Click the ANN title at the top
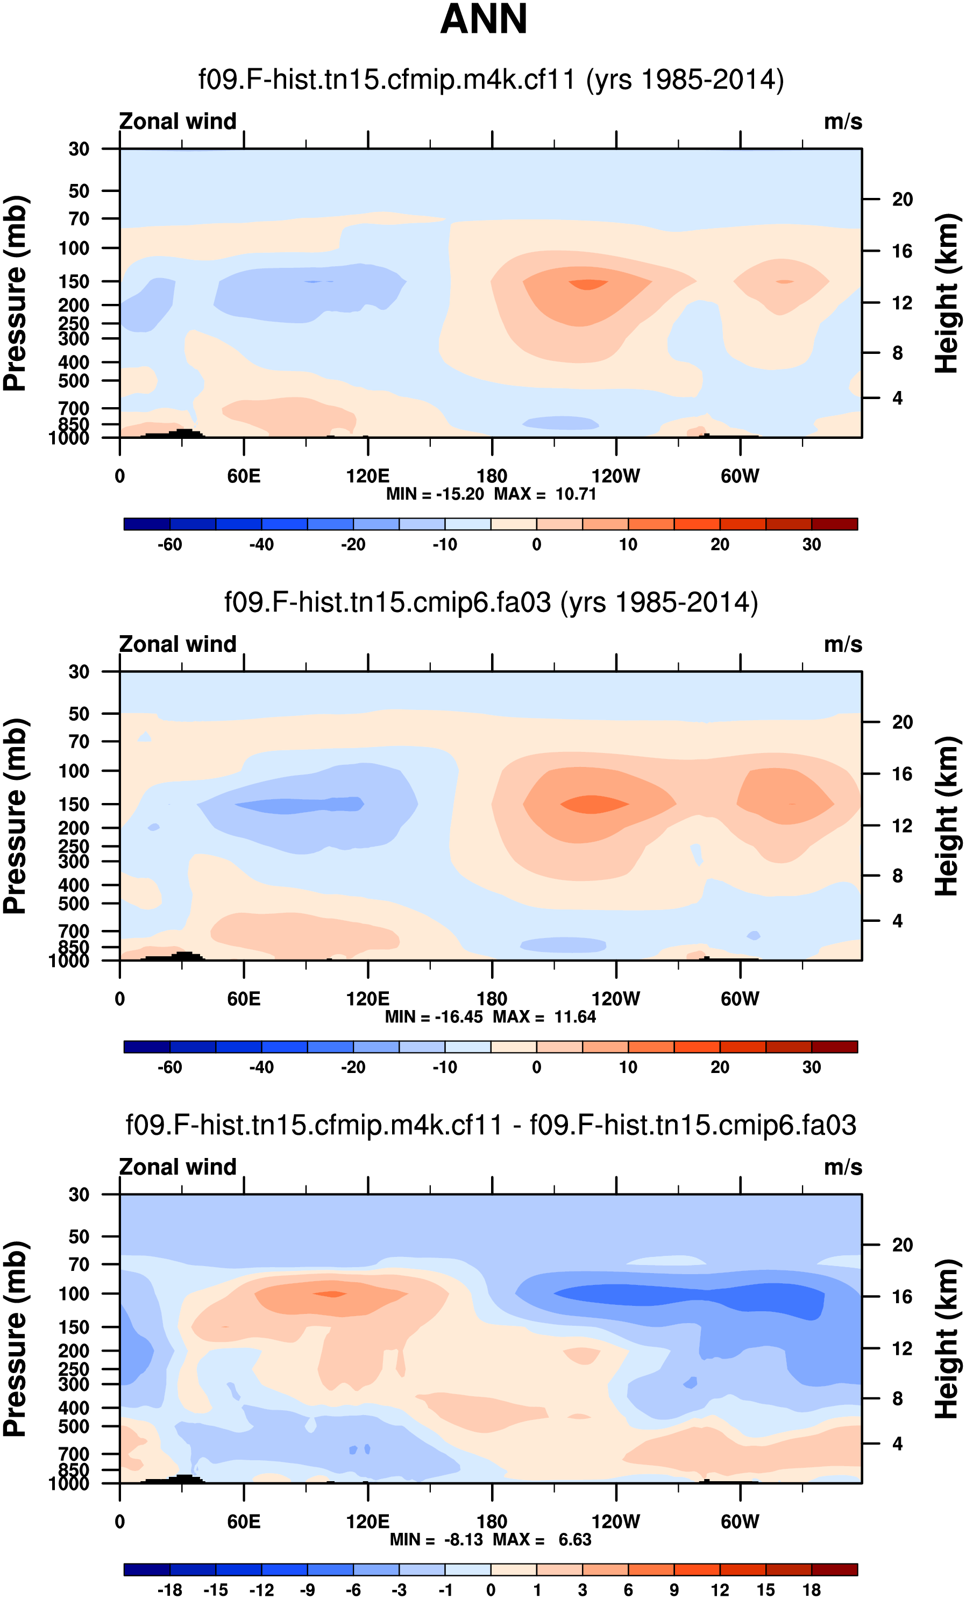484,19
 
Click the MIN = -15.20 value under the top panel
435,494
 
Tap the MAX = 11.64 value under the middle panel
544,1017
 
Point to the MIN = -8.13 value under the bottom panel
436,1539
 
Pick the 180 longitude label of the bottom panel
492,1521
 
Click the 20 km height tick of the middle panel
902,722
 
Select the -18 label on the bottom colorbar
169,1590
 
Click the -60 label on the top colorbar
169,544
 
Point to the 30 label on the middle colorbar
811,1067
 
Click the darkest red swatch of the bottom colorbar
834,1569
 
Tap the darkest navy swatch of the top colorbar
147,524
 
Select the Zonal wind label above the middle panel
177,644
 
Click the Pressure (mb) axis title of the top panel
16,293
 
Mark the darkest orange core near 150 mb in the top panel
588,284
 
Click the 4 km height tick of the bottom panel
897,1443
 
